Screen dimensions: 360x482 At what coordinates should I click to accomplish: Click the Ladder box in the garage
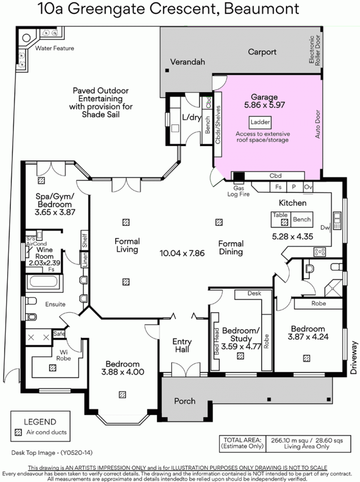[x=260, y=123]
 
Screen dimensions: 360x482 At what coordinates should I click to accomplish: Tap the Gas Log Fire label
[x=238, y=191]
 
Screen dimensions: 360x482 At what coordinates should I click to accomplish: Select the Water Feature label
[x=55, y=48]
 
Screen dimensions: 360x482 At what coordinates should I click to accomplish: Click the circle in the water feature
[x=26, y=38]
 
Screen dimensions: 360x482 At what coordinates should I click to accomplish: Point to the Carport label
[x=262, y=52]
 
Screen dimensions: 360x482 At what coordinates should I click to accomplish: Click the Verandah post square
[x=167, y=70]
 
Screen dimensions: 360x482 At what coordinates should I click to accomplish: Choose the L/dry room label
[x=192, y=117]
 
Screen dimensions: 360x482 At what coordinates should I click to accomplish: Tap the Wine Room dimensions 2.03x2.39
[x=44, y=263]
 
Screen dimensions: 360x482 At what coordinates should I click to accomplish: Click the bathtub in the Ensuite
[x=44, y=281]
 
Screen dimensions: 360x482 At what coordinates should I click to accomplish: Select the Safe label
[x=59, y=334]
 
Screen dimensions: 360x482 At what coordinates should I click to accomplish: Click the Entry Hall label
[x=182, y=345]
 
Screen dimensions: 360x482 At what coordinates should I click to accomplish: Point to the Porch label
[x=185, y=401]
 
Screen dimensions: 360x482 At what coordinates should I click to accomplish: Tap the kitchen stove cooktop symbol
[x=320, y=252]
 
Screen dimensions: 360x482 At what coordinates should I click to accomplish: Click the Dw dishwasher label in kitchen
[x=325, y=227]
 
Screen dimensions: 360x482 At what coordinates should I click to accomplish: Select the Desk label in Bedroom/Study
[x=254, y=293]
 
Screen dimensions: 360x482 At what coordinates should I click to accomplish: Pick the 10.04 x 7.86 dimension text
[x=182, y=253]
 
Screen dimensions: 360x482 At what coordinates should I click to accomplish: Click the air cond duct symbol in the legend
[x=18, y=432]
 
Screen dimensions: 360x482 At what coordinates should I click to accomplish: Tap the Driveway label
[x=354, y=357]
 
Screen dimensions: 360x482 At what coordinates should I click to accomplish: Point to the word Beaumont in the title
[x=261, y=9]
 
